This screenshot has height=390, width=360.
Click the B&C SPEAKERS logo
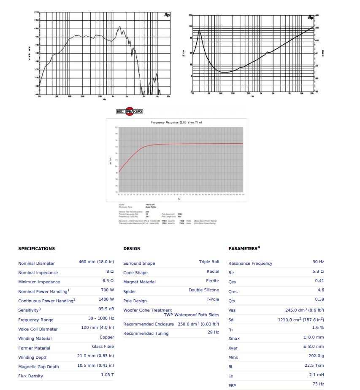point(130,111)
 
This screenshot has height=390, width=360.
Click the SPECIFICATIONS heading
point(36,249)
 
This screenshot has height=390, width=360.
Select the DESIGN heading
point(132,249)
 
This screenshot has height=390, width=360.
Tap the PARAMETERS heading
point(244,248)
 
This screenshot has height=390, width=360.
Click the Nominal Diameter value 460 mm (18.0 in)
point(96,262)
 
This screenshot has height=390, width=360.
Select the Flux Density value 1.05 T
point(107,374)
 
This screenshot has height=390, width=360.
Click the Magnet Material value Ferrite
point(212,280)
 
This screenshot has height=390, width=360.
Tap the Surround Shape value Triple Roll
point(209,262)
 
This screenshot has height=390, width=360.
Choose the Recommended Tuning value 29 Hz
point(213,332)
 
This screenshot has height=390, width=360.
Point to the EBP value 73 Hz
point(318,384)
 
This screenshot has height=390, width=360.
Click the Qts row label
point(232,301)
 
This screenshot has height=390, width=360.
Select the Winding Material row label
point(35,339)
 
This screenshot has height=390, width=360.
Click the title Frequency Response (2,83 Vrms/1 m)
point(176,122)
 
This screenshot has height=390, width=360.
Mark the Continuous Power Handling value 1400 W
point(106,299)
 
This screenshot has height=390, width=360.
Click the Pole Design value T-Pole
point(212,299)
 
